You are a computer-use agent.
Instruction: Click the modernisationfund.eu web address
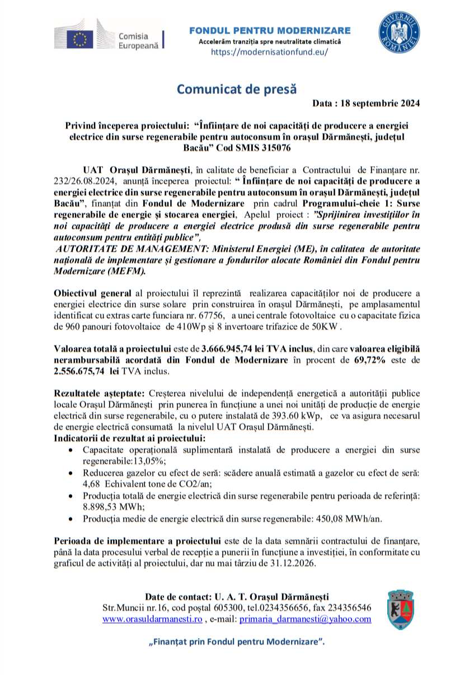coord(269,51)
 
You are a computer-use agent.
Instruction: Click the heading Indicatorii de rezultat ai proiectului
coord(129,437)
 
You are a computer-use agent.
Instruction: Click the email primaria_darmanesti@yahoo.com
coord(306,619)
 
